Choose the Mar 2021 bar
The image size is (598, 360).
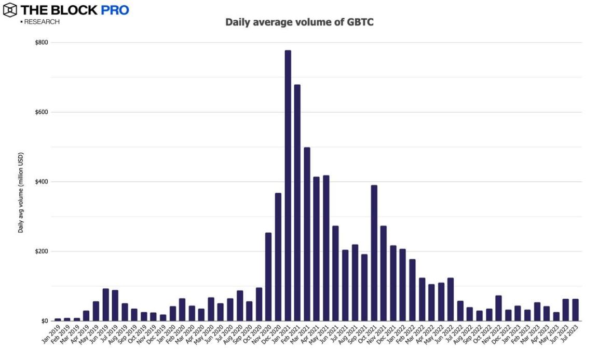click(307, 234)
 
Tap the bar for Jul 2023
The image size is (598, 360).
click(575, 310)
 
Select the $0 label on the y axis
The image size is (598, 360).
click(45, 321)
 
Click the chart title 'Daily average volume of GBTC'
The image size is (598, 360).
click(299, 22)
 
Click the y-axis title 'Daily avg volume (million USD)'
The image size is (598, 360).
click(21, 192)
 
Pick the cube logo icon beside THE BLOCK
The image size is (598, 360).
click(9, 10)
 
